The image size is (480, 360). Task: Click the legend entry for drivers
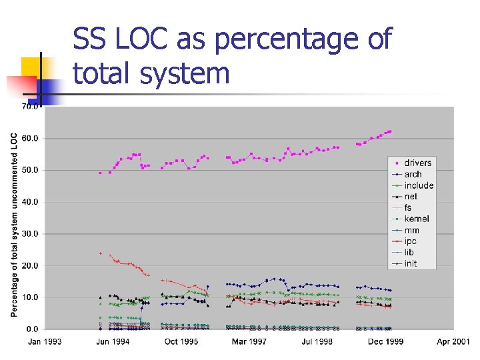[x=417, y=163]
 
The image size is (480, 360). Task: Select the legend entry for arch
[x=413, y=174]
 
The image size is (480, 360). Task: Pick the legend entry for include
[x=419, y=185]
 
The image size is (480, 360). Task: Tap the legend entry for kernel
[x=416, y=219]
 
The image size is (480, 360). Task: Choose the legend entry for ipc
[x=411, y=241]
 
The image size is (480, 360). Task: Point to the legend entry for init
[x=411, y=263]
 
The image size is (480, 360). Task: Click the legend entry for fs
[x=408, y=207]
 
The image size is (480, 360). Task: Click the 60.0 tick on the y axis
[x=31, y=139]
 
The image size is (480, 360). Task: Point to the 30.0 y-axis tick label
[x=31, y=233]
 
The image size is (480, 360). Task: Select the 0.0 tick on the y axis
[x=33, y=329]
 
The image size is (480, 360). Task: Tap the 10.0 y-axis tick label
[x=31, y=297]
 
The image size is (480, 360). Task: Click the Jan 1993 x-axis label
[x=45, y=342]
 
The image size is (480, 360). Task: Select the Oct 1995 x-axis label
[x=181, y=342]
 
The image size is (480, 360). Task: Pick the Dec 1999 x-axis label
[x=385, y=342]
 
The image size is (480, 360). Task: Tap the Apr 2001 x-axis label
[x=453, y=342]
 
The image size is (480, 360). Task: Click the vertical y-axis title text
[x=14, y=223]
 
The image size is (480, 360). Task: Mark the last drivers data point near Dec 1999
[x=390, y=131]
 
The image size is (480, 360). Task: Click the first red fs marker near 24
[x=100, y=253]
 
